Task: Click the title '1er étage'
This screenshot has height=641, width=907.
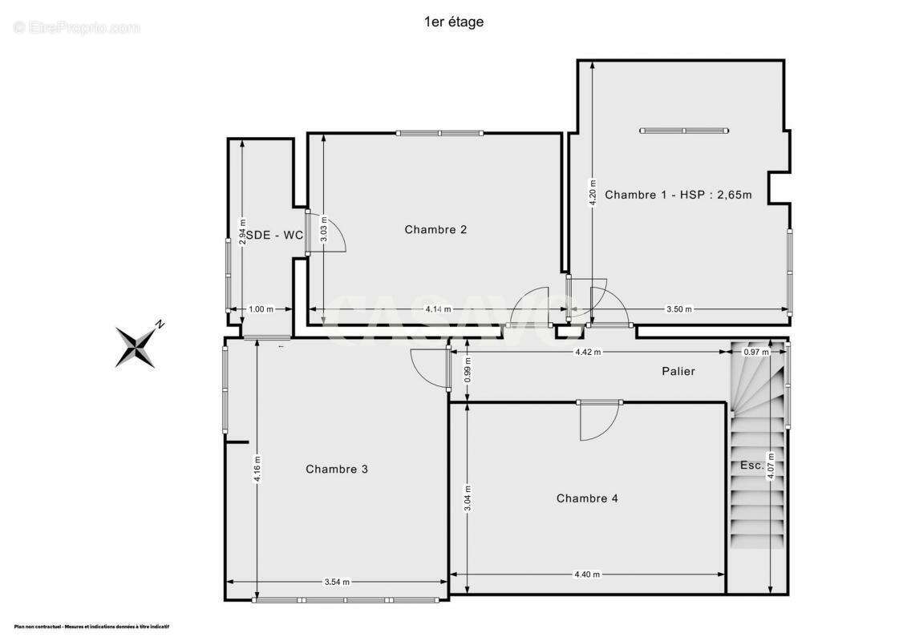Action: point(453,22)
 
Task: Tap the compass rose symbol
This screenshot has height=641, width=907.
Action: point(137,345)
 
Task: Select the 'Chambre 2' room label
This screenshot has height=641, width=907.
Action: point(435,230)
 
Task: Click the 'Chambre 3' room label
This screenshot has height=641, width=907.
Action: point(337,470)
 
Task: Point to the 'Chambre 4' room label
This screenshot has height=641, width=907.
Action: point(587,498)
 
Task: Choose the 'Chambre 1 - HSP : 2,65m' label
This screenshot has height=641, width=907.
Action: point(678,195)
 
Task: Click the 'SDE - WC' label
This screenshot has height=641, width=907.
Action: point(274,235)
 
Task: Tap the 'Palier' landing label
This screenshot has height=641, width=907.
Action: point(678,371)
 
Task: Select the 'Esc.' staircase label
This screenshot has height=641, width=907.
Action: point(751,466)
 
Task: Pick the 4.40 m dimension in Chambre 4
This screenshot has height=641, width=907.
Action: point(587,574)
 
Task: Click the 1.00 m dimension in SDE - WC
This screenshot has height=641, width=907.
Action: point(261,309)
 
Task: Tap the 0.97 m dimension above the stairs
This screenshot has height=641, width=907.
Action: point(755,352)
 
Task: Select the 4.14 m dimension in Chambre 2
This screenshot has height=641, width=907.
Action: point(437,309)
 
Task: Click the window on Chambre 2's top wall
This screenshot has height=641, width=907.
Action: point(439,133)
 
